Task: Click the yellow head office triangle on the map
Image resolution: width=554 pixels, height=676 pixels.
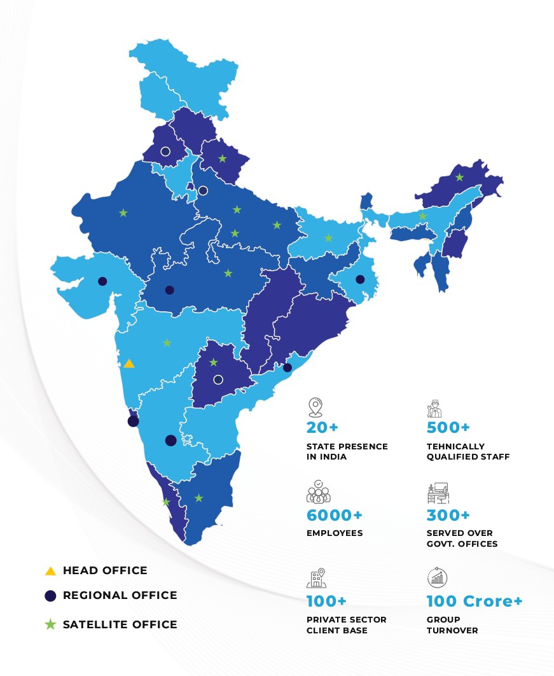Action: click(x=129, y=363)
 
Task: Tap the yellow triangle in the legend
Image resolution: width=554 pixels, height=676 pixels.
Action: click(x=51, y=571)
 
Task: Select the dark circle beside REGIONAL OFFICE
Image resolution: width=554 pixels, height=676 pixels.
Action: click(x=51, y=596)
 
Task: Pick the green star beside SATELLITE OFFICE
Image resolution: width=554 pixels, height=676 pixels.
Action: click(x=51, y=624)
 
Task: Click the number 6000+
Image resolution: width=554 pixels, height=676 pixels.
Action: click(x=330, y=515)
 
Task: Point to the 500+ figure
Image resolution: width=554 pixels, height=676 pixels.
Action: click(x=448, y=427)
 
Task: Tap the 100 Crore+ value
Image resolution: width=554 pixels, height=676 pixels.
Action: click(x=474, y=601)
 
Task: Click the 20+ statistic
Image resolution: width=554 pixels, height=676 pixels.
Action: click(x=322, y=427)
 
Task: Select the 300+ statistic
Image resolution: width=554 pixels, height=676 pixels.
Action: click(x=448, y=515)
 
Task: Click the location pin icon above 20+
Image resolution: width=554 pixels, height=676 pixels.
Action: click(x=315, y=407)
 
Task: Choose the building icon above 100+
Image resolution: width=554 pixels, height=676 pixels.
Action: click(x=317, y=579)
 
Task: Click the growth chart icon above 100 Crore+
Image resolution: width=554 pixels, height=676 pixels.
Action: click(x=437, y=579)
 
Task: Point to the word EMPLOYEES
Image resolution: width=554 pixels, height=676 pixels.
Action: click(x=335, y=533)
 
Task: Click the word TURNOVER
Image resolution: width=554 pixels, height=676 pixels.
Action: click(x=452, y=630)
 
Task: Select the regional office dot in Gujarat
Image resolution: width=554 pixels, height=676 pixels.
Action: click(x=102, y=281)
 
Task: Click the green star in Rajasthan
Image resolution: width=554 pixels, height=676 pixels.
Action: click(x=123, y=213)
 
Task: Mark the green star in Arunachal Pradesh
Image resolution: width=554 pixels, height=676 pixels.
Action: click(x=459, y=177)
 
